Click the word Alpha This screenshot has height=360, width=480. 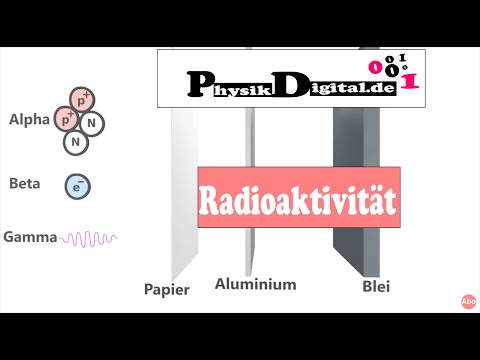(28, 120)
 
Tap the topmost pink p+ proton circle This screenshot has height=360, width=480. (82, 99)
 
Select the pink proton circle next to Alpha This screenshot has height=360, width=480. (68, 118)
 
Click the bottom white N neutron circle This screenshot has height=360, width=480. (76, 142)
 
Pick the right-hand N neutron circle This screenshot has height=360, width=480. (92, 124)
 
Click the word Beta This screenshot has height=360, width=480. (25, 184)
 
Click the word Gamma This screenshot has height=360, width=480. (31, 238)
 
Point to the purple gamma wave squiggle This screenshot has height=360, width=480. (90, 239)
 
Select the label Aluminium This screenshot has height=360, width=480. (256, 284)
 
